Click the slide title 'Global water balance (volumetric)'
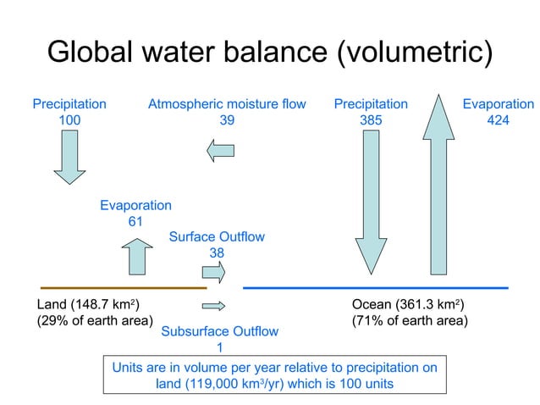(269, 53)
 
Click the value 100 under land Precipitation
(69, 120)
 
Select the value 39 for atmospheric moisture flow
(227, 120)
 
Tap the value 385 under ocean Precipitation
(371, 120)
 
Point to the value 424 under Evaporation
(499, 120)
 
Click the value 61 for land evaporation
(135, 221)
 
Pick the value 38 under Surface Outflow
(217, 252)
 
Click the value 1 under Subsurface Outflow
(219, 347)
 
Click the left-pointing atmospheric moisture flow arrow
(221, 151)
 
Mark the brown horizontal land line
(123, 288)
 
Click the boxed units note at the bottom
(275, 374)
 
